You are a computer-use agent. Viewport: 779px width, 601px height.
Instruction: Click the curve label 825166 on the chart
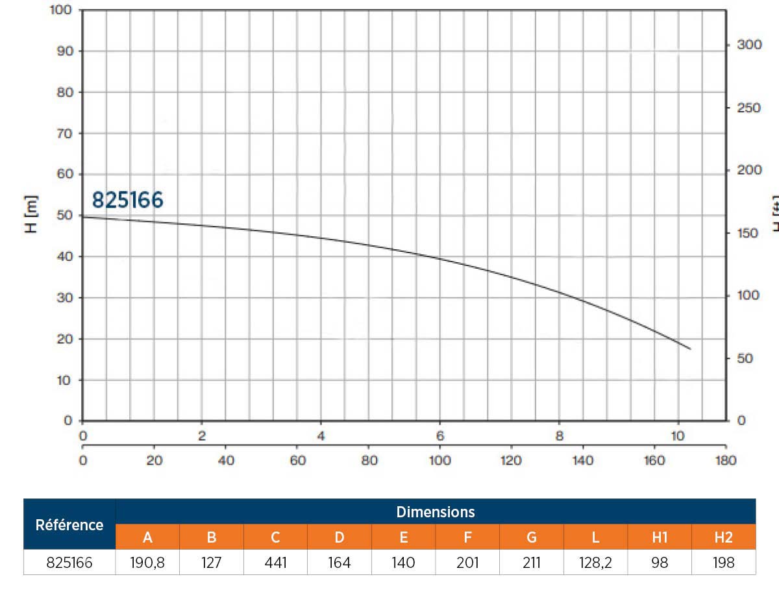click(x=127, y=200)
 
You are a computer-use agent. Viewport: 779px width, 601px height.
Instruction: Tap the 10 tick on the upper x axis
click(x=678, y=436)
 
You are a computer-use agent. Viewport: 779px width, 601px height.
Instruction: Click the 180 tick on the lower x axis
click(x=725, y=460)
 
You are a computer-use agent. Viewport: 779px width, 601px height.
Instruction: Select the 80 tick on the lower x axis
click(x=369, y=460)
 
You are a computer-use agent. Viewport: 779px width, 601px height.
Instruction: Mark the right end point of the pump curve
click(x=690, y=349)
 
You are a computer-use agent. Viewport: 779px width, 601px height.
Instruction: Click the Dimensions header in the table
click(x=436, y=511)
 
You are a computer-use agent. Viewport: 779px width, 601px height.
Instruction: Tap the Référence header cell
click(x=69, y=524)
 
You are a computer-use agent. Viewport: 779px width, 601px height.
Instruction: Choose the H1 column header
click(x=660, y=537)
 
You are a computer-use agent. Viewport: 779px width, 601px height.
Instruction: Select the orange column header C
click(x=275, y=537)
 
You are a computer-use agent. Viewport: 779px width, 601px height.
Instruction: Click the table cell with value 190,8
click(x=147, y=562)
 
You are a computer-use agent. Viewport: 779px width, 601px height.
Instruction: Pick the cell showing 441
click(x=275, y=562)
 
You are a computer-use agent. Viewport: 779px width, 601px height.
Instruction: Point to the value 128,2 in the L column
click(x=595, y=562)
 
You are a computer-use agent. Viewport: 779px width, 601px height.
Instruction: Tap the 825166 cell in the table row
click(x=69, y=562)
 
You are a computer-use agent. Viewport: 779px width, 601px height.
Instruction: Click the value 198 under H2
click(x=723, y=562)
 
